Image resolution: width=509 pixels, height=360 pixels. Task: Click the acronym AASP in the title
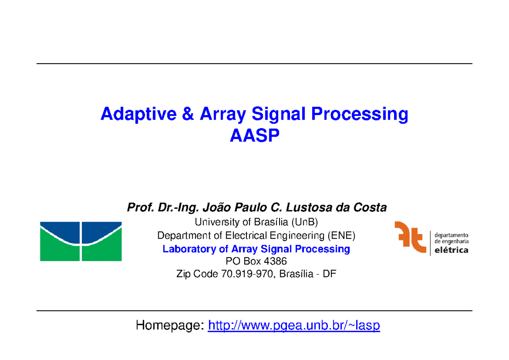tap(255, 136)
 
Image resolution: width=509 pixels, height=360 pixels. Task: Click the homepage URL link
tap(294, 326)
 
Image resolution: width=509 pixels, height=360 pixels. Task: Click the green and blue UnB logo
tap(81, 241)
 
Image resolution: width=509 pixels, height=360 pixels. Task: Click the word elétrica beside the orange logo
tap(451, 250)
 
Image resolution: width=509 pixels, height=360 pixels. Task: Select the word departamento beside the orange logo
tap(451, 234)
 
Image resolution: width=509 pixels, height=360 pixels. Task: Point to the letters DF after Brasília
tap(329, 274)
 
